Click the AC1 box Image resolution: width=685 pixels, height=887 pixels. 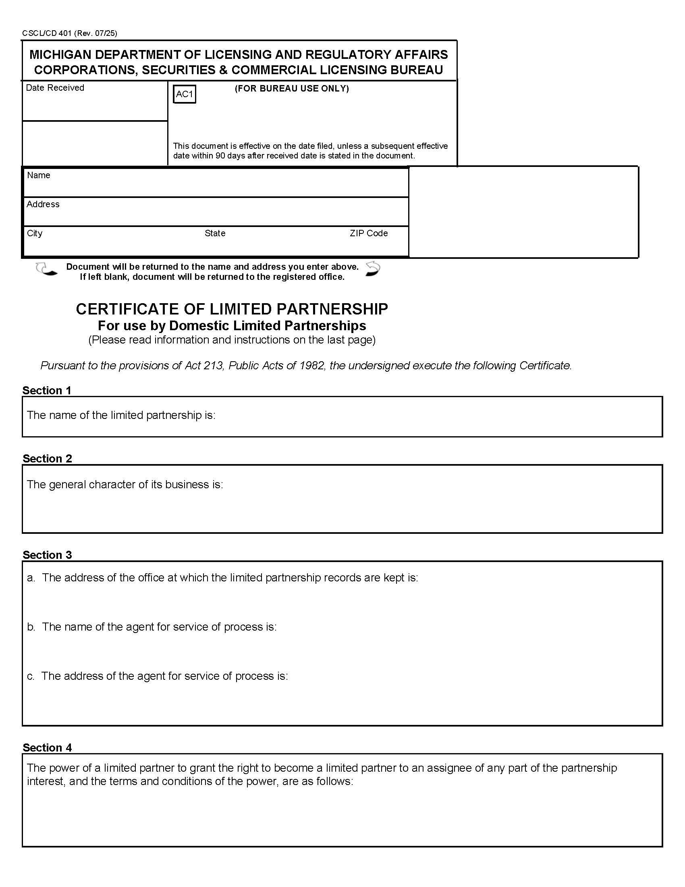tap(184, 94)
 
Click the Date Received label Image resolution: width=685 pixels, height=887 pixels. tap(55, 88)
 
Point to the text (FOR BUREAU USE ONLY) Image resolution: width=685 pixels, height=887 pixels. tap(291, 89)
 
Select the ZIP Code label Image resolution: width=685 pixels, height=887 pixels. tap(368, 233)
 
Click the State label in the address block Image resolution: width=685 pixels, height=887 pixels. tap(215, 233)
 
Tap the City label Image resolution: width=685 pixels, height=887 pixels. tap(35, 233)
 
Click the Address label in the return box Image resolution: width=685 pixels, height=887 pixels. tap(43, 204)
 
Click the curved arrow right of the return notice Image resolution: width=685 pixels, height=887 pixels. tap(373, 269)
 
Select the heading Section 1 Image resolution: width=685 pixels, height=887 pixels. tap(47, 390)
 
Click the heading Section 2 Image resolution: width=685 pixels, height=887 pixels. tap(47, 458)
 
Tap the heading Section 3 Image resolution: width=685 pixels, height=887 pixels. tap(47, 555)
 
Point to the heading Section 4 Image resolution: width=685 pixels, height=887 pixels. tap(47, 747)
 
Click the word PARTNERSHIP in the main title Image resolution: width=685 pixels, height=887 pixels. tap(332, 309)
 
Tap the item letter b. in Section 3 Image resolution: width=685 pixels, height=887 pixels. tap(31, 627)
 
